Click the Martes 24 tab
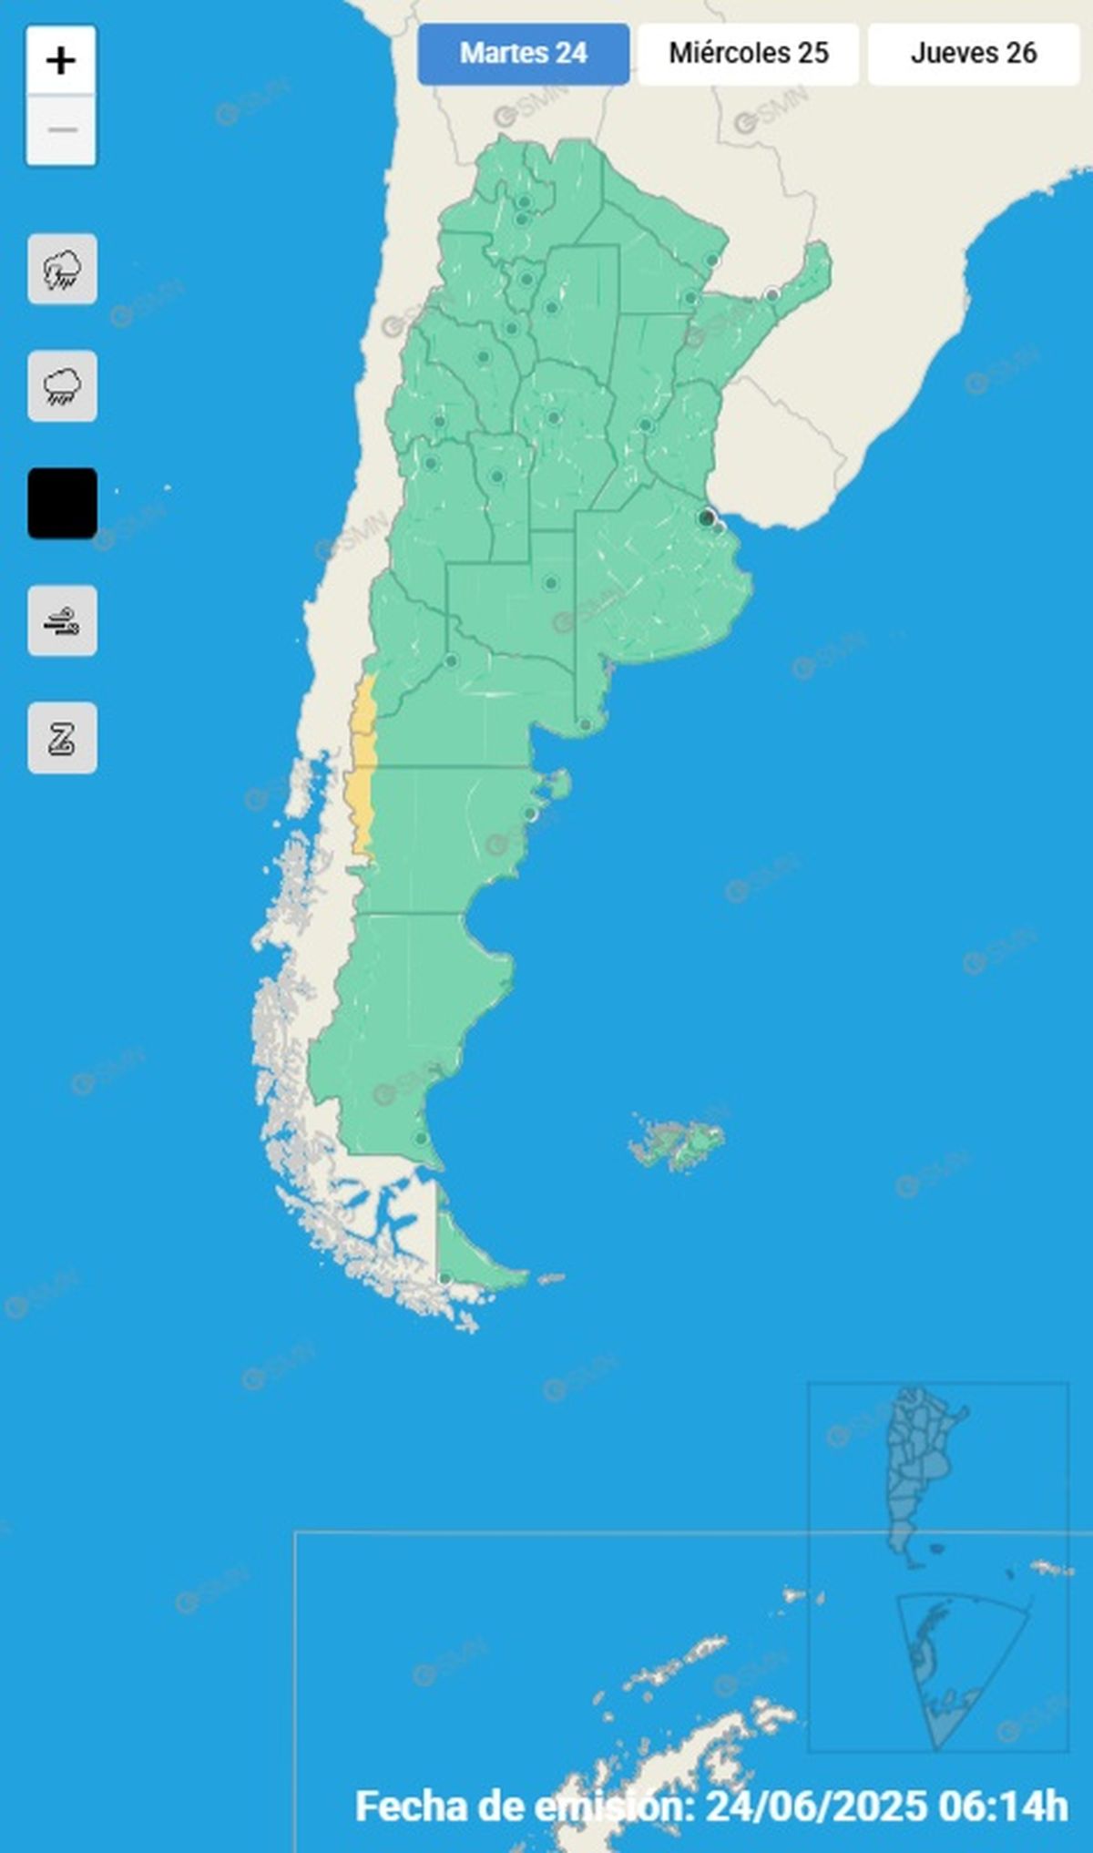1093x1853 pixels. click(x=523, y=54)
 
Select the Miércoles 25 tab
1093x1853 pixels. click(x=748, y=54)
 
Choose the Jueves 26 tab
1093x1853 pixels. click(x=973, y=54)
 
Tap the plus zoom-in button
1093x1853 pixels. click(x=61, y=61)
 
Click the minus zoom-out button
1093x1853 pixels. click(x=61, y=130)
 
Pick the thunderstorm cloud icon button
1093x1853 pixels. click(x=62, y=270)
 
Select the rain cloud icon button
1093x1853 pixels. click(x=62, y=386)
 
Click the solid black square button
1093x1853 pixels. click(x=62, y=504)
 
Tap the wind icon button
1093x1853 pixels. click(x=62, y=621)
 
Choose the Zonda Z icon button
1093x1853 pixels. click(x=62, y=738)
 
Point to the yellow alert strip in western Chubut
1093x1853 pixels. click(x=361, y=811)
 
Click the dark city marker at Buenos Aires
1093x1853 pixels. click(x=706, y=518)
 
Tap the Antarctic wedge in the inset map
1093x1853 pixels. click(x=947, y=1667)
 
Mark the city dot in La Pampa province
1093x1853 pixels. click(x=551, y=583)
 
